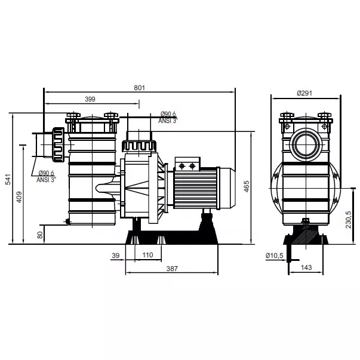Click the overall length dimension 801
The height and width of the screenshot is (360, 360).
(x=139, y=88)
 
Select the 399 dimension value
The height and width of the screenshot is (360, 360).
(x=90, y=99)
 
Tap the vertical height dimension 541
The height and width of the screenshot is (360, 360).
(x=8, y=179)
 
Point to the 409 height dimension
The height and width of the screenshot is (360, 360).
(x=19, y=197)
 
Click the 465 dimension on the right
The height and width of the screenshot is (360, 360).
(x=246, y=186)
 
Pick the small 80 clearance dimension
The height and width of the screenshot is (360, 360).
(x=40, y=235)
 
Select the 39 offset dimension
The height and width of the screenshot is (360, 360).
(x=116, y=256)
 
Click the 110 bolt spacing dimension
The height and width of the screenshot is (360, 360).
(x=147, y=255)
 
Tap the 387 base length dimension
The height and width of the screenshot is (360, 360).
(x=172, y=269)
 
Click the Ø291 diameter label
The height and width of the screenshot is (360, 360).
(x=304, y=93)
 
